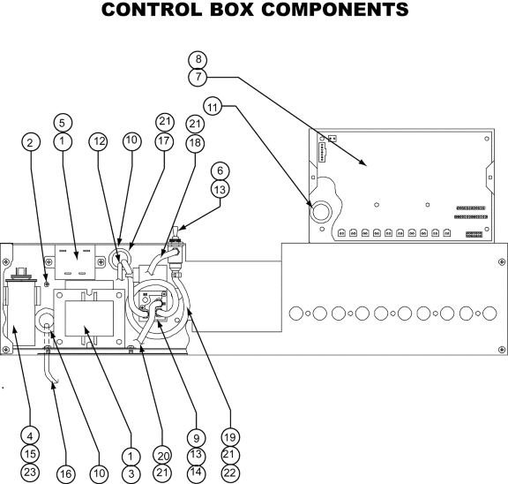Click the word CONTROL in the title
pyautogui.click(x=152, y=10)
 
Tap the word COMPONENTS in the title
pyautogui.click(x=335, y=10)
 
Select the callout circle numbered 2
pyautogui.click(x=31, y=142)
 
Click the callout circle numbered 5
pyautogui.click(x=62, y=124)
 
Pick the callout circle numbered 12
pyautogui.click(x=99, y=141)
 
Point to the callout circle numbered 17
pyautogui.click(x=164, y=141)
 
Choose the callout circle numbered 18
pyautogui.click(x=195, y=143)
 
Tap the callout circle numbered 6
pyautogui.click(x=220, y=170)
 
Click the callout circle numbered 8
pyautogui.click(x=198, y=59)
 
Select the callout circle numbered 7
pyautogui.click(x=198, y=77)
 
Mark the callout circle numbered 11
pyautogui.click(x=213, y=107)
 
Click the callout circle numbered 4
pyautogui.click(x=30, y=435)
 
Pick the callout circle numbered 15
pyautogui.click(x=30, y=454)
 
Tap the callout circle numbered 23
pyautogui.click(x=30, y=472)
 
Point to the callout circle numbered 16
pyautogui.click(x=66, y=474)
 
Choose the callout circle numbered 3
pyautogui.click(x=131, y=474)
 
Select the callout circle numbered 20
pyautogui.click(x=162, y=456)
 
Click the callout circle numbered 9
pyautogui.click(x=196, y=438)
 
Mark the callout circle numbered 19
pyautogui.click(x=230, y=437)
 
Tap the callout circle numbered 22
pyautogui.click(x=230, y=473)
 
